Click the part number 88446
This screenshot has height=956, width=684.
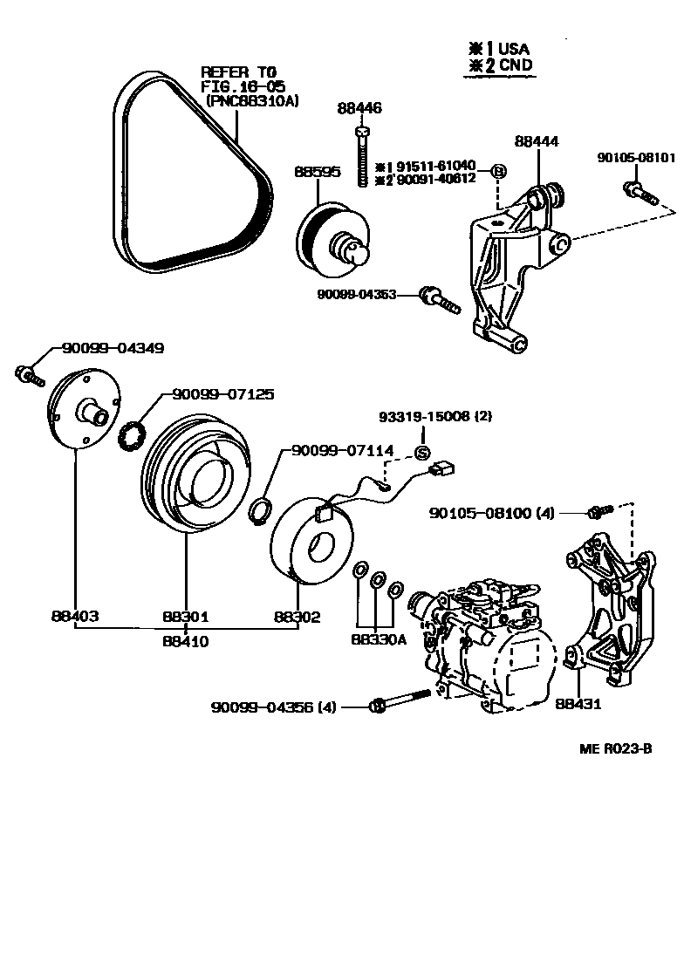pos(359,108)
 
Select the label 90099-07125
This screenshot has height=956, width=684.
pos(222,395)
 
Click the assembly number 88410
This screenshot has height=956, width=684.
pos(186,642)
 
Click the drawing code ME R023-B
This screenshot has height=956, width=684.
pos(615,748)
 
